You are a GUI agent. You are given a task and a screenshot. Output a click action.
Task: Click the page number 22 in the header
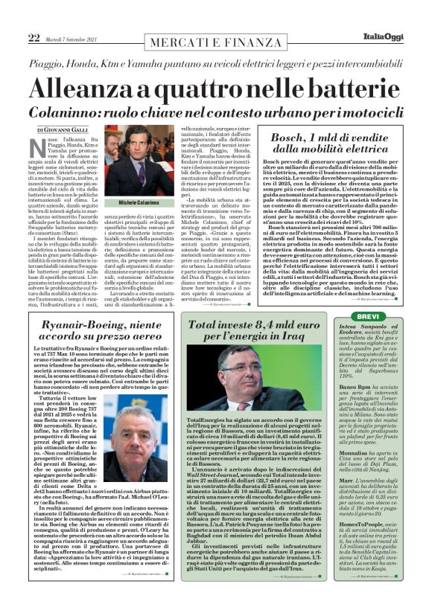point(34,37)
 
